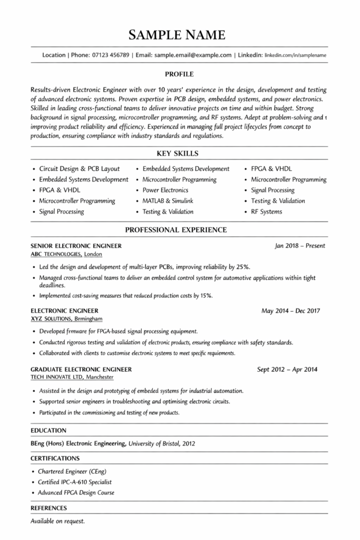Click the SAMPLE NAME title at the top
point(180,35)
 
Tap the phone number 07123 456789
point(110,55)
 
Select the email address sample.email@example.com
point(193,55)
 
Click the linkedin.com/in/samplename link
point(295,55)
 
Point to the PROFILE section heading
point(179,74)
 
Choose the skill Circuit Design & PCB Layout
point(80,169)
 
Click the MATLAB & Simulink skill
point(168,201)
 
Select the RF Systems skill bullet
point(266,211)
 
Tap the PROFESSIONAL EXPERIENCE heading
point(176,230)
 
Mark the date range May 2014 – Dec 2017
point(290,311)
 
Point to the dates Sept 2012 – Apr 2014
point(287,369)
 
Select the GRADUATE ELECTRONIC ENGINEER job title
point(81,369)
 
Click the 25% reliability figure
point(242,267)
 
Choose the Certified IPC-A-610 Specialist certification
point(75,482)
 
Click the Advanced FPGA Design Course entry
point(76,493)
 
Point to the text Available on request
point(57,521)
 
